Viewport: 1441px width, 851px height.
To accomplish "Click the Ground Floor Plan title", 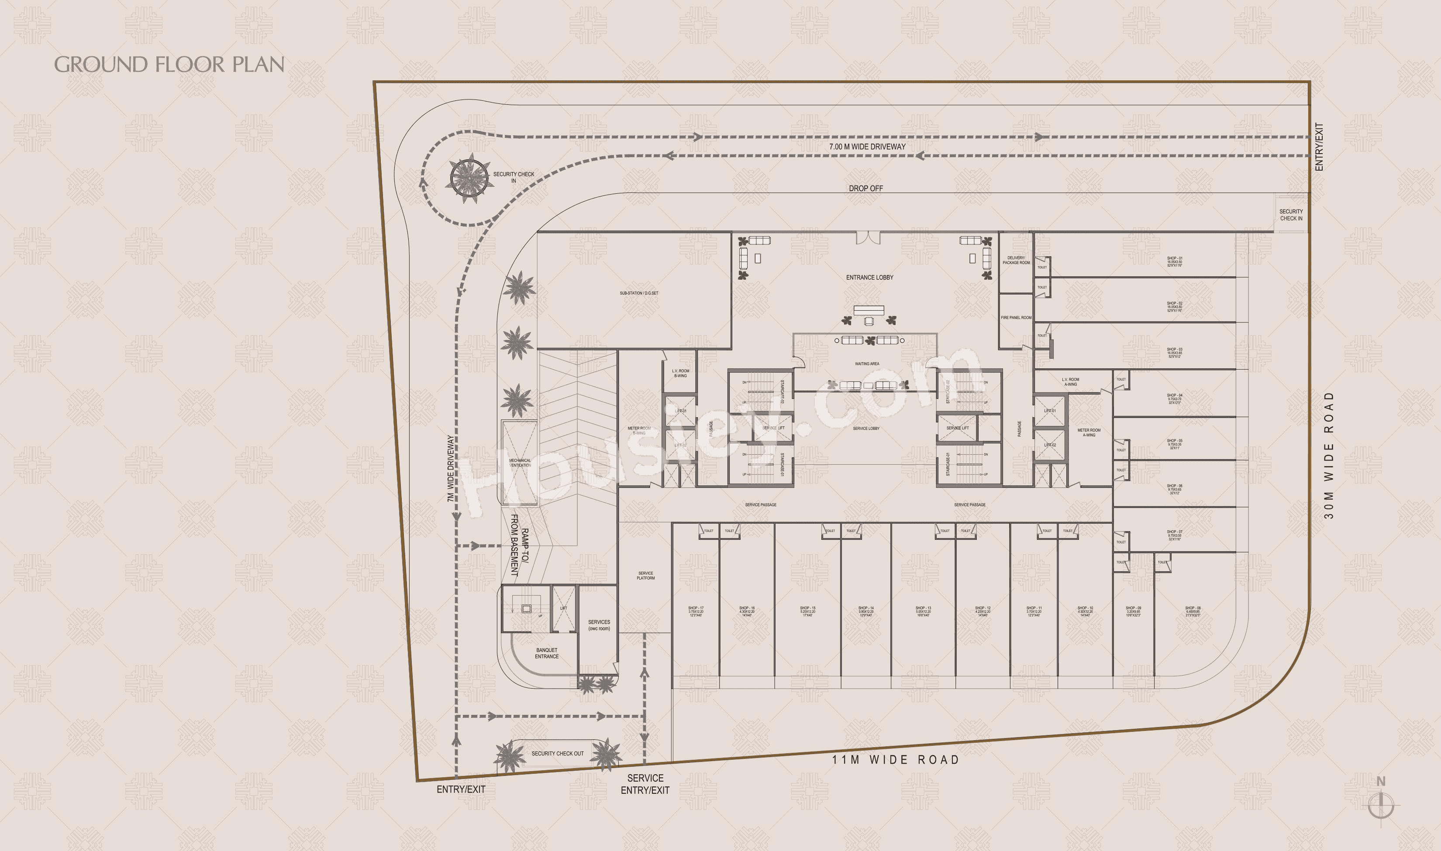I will (x=169, y=64).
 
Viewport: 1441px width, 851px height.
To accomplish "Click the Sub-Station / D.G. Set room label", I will (x=638, y=293).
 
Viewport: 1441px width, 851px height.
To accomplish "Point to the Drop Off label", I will (x=865, y=188).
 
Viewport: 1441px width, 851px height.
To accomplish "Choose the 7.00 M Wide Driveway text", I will (x=867, y=147).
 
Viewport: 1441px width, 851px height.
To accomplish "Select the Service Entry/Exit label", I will (x=645, y=784).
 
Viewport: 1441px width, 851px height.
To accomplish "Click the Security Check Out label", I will (x=557, y=754).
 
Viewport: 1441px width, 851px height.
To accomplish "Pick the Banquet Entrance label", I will (x=547, y=653).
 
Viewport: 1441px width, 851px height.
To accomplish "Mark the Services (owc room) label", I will (x=599, y=625).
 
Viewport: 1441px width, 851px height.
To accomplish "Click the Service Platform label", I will (x=645, y=575).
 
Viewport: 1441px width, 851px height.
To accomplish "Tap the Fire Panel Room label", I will (x=1016, y=318).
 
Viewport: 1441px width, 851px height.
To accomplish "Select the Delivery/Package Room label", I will (x=1016, y=261).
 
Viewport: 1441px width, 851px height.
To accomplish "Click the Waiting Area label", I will (x=866, y=364).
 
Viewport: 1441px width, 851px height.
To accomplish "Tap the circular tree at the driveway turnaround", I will (x=470, y=178).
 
